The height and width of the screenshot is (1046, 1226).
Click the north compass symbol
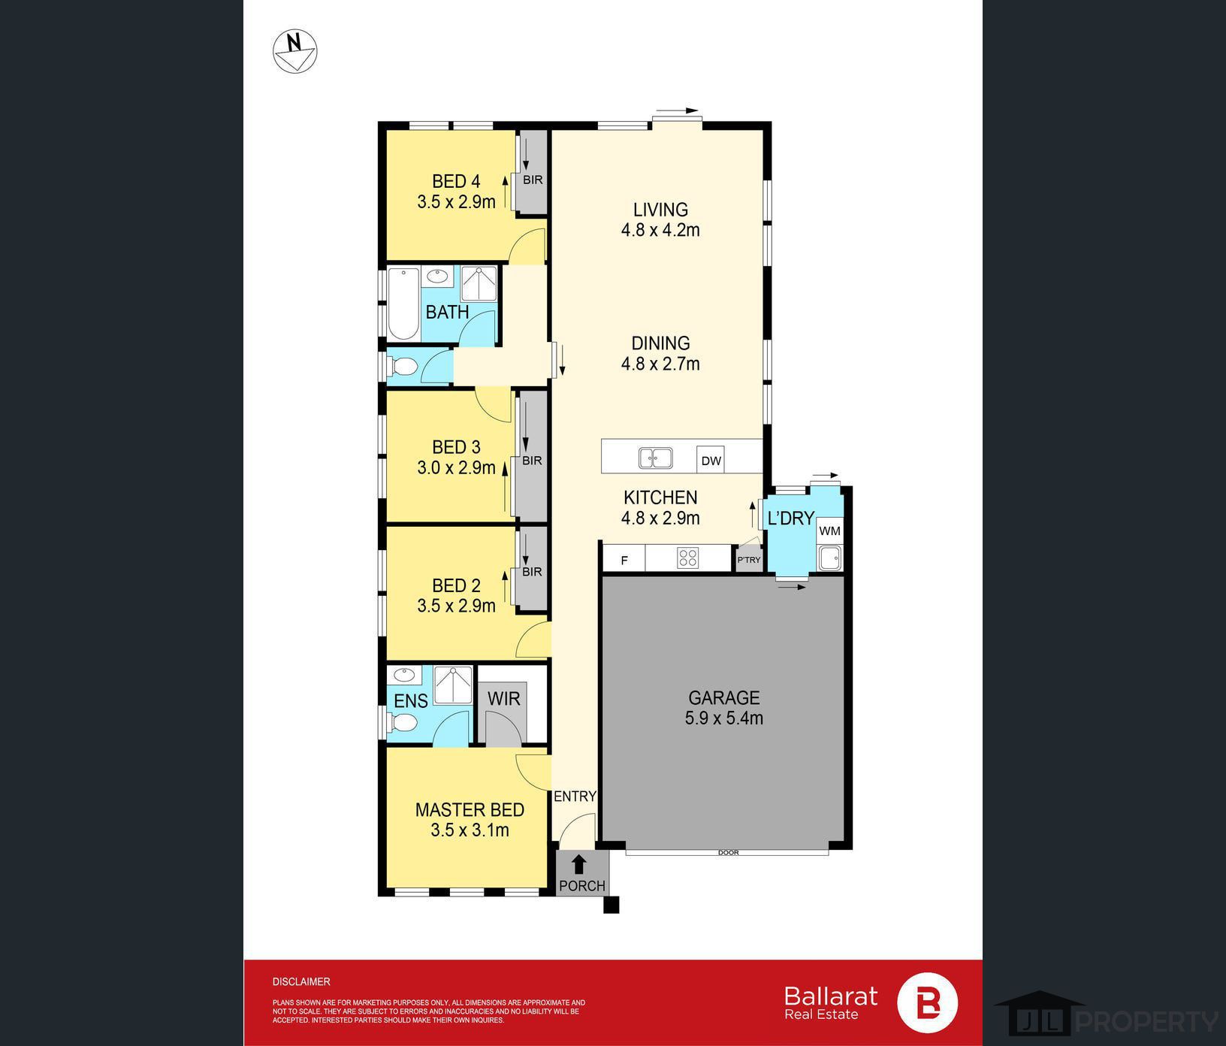(x=294, y=51)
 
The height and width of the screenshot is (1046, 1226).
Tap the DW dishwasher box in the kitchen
(x=711, y=461)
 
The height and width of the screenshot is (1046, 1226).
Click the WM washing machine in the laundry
(x=829, y=531)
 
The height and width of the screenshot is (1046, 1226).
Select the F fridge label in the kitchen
(x=624, y=561)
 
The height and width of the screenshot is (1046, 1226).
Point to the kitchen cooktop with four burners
(x=687, y=558)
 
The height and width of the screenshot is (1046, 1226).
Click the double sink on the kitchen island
(x=655, y=458)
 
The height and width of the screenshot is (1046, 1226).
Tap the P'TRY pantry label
(x=749, y=560)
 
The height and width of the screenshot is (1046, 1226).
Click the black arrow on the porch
(x=579, y=864)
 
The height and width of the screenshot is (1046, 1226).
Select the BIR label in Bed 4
(x=533, y=180)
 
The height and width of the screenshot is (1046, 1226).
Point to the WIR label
(x=503, y=699)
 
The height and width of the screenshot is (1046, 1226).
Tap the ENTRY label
(x=575, y=797)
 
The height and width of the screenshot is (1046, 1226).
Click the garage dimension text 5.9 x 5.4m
(x=723, y=718)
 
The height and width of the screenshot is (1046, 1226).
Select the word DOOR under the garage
(x=729, y=853)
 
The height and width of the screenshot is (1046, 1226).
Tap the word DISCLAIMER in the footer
(x=301, y=981)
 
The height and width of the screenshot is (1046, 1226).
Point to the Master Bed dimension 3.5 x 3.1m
(x=470, y=830)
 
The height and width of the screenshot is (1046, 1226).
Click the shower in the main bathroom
(x=479, y=284)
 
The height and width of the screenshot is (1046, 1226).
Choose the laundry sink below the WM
(x=829, y=558)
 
